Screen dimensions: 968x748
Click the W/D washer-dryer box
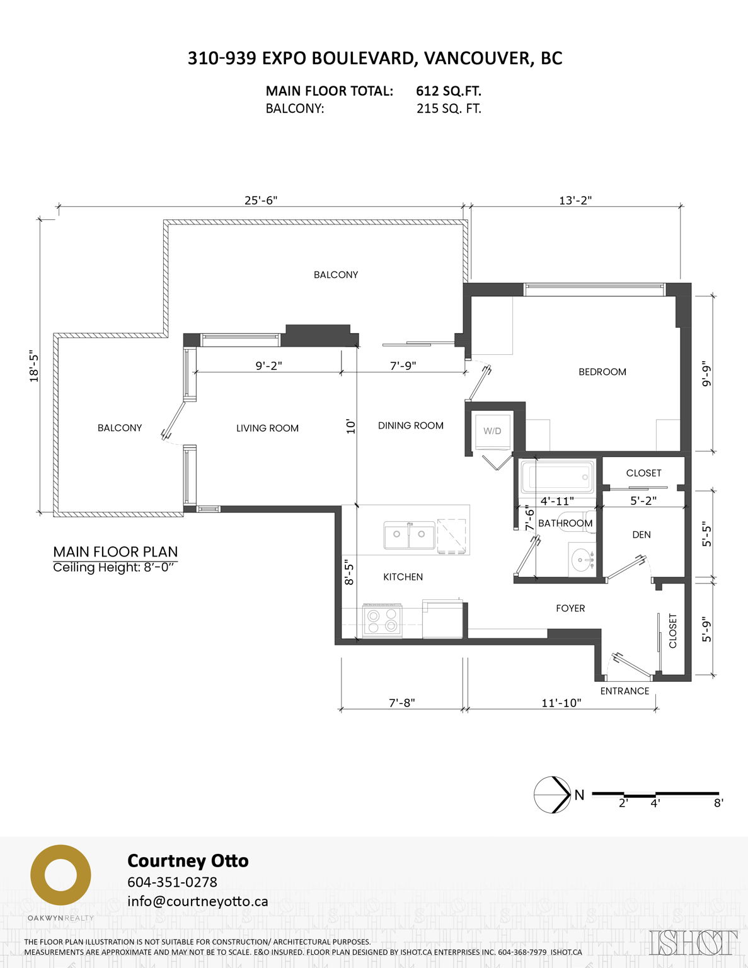[x=492, y=431]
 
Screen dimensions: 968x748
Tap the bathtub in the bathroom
[x=556, y=477]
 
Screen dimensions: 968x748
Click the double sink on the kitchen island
[x=409, y=536]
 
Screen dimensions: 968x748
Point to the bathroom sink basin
[x=582, y=559]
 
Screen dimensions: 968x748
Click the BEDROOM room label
[x=602, y=372]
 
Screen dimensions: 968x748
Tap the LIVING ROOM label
[x=267, y=428]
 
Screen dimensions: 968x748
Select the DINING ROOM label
[x=410, y=425]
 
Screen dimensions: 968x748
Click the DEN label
[x=641, y=534]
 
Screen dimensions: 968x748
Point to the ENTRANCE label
[x=624, y=691]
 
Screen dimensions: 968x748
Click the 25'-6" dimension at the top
[x=261, y=200]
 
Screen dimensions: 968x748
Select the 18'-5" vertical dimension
[x=34, y=367]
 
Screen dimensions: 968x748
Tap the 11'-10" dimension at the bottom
[x=561, y=703]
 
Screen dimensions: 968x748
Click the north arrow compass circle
[x=552, y=795]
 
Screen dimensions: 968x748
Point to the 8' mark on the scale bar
[x=718, y=803]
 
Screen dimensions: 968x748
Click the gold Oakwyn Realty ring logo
[x=60, y=875]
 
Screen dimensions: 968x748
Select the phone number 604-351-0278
[x=172, y=882]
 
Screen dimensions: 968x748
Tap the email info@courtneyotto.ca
[x=197, y=901]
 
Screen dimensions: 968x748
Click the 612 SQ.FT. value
[x=448, y=91]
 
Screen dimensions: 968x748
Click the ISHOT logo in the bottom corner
[x=693, y=942]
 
